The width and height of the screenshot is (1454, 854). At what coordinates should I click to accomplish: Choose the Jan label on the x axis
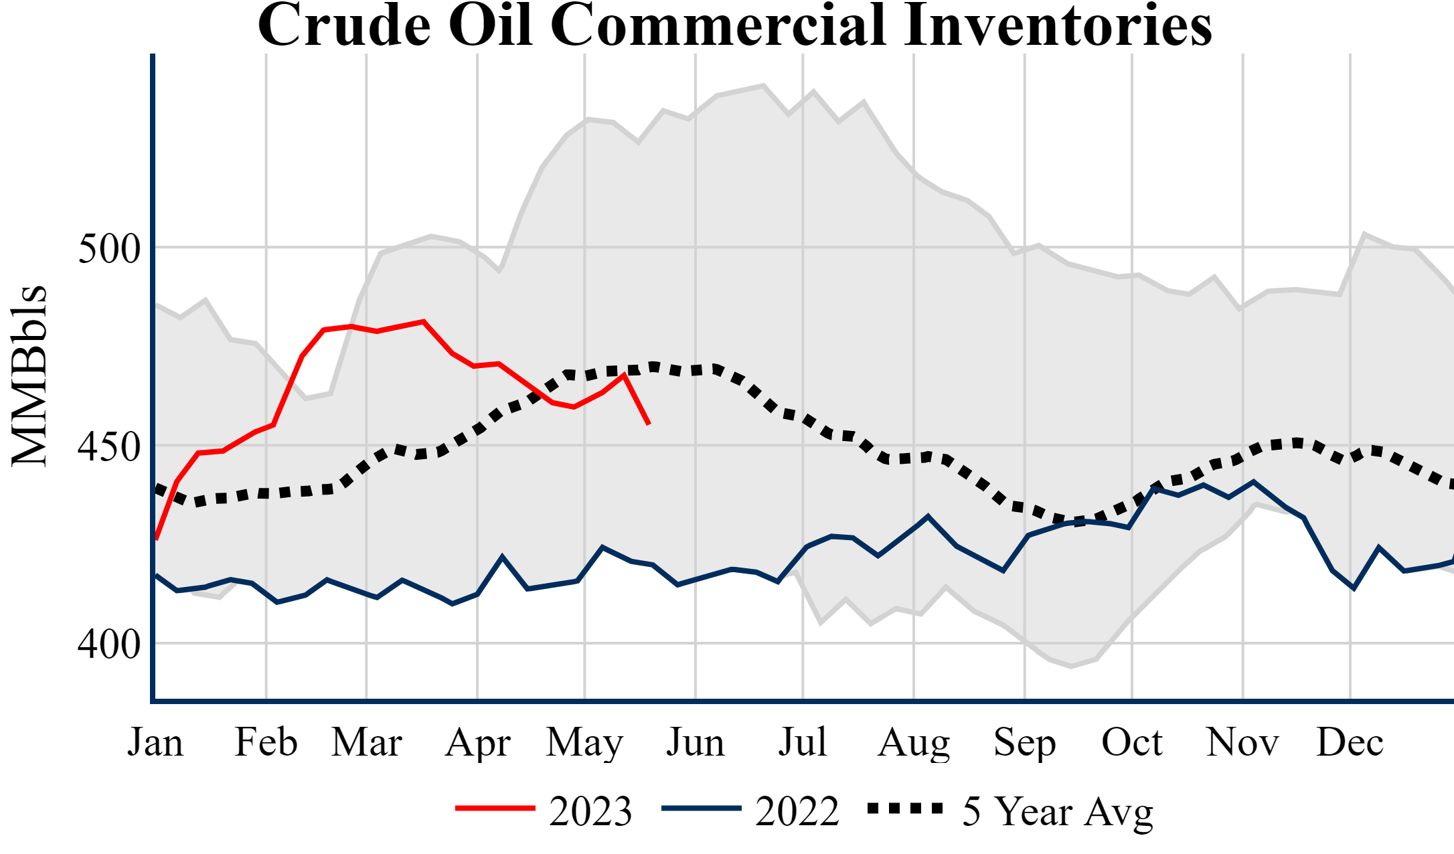point(155,742)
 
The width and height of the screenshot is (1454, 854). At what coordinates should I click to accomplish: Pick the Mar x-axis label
point(367,742)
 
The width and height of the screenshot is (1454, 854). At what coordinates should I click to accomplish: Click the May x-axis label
point(584,743)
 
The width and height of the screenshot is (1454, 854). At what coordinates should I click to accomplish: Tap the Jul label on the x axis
point(803,742)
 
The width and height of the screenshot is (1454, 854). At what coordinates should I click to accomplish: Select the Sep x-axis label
point(1024,743)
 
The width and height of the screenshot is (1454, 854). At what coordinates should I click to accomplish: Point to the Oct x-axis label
point(1132,742)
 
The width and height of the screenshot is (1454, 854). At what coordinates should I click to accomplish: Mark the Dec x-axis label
point(1350,742)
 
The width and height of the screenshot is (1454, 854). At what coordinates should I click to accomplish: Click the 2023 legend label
point(590,811)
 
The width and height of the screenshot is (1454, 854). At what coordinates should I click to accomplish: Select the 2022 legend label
point(797,811)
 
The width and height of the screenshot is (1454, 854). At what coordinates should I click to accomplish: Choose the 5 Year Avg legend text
point(1058,812)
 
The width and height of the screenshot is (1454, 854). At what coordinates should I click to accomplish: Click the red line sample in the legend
point(495,808)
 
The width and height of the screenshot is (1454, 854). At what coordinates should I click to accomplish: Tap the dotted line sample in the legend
point(905,808)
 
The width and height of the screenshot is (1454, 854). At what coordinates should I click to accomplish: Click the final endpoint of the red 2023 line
point(649,424)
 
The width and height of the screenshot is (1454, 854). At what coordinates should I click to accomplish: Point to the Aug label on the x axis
point(914,743)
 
